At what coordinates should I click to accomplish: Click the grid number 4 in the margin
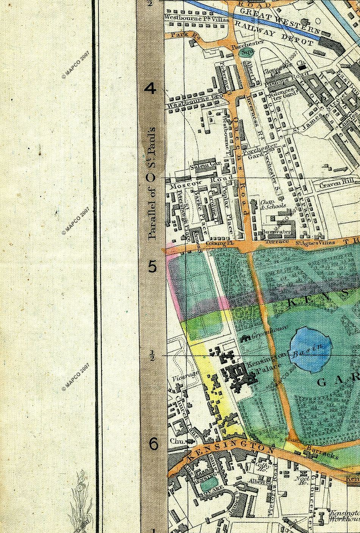point(151,89)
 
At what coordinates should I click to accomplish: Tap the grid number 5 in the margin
point(152,267)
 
